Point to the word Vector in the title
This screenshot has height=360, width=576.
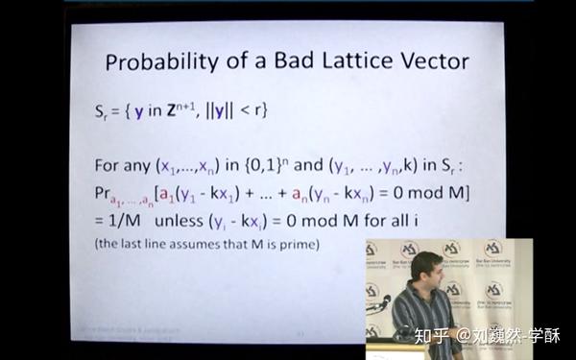434,62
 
